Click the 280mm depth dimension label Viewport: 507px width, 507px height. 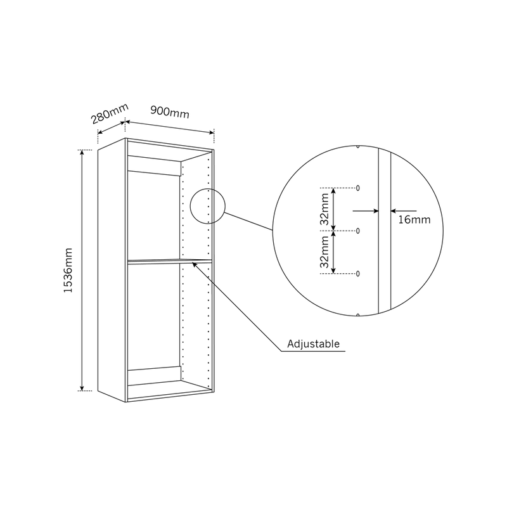(110, 113)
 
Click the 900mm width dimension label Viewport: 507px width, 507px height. (170, 112)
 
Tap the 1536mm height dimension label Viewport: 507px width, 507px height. (68, 271)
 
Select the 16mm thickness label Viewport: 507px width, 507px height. (414, 220)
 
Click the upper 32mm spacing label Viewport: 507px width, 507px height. (324, 209)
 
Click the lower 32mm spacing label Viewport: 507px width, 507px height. (324, 252)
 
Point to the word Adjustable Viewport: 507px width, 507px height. (313, 343)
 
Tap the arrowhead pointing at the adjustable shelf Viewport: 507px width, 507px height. (195, 265)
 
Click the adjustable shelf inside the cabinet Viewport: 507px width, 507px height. (170, 261)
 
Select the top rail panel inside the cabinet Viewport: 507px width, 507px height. (154, 165)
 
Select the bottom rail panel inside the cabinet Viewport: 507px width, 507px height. (154, 376)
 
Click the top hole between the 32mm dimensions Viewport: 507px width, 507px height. (357, 188)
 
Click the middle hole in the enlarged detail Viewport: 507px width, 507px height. (357, 231)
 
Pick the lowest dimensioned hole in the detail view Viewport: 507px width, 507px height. (357, 274)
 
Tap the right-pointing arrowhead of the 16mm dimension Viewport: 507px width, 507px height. (376, 211)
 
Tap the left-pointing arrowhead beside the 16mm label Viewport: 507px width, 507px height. (394, 211)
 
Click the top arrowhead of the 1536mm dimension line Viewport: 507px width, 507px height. (82, 153)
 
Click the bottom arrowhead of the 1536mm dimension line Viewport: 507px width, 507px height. (82, 388)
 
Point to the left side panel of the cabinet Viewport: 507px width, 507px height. (112, 270)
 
